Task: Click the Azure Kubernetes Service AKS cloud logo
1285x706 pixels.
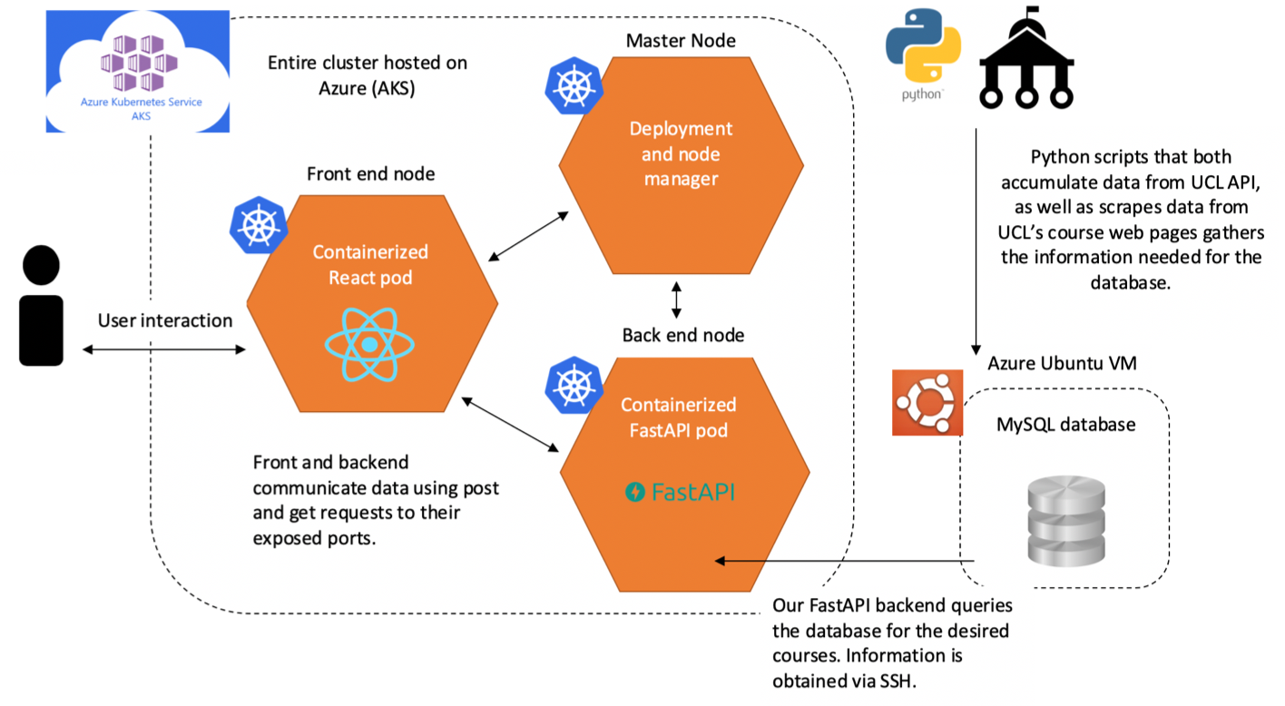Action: [x=138, y=71]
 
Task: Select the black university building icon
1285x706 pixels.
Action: [x=1026, y=57]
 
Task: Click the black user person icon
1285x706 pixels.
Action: [x=42, y=305]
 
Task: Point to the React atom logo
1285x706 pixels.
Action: [x=369, y=344]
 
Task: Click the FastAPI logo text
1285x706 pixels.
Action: [x=680, y=492]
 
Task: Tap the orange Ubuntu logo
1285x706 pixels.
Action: [x=927, y=403]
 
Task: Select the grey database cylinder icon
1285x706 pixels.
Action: [x=1066, y=521]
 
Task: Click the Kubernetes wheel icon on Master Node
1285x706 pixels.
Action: [x=574, y=85]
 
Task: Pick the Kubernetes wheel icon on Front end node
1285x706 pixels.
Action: [x=259, y=225]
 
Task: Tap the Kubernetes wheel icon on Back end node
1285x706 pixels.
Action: [x=574, y=386]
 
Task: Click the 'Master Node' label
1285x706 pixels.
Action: [x=681, y=41]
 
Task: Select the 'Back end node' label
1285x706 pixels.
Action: [x=683, y=335]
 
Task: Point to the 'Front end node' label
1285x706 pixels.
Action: [x=370, y=173]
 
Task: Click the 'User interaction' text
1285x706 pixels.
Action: [x=165, y=320]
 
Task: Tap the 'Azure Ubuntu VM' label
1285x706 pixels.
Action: [x=1062, y=363]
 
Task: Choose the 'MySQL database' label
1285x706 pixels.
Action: [x=1066, y=425]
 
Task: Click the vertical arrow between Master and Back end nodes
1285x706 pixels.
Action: [x=676, y=299]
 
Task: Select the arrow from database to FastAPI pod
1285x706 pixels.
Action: [x=845, y=561]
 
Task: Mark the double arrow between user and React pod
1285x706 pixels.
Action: [x=164, y=349]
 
